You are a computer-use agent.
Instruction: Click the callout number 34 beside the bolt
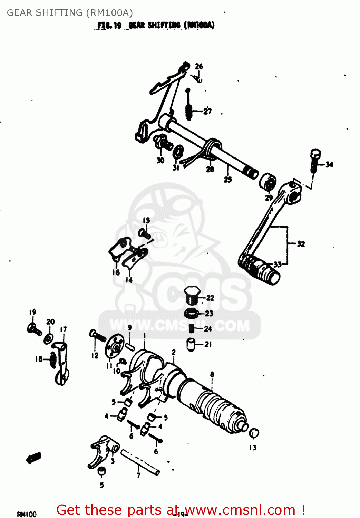point(329,164)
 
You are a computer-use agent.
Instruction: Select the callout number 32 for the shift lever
point(301,244)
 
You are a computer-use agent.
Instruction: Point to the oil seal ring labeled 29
point(268,182)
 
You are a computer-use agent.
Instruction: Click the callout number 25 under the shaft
point(228,179)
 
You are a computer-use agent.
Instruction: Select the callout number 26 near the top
point(199,66)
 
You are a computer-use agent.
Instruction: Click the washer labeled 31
point(178,152)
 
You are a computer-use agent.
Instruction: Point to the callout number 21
point(208,344)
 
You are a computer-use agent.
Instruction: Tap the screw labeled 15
point(144,233)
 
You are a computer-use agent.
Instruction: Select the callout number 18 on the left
point(39,359)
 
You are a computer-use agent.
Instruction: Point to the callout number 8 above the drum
point(212,374)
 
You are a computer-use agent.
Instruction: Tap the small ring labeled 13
point(254,433)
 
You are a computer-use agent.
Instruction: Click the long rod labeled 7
point(140,461)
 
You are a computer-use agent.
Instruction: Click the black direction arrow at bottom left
point(33,458)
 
